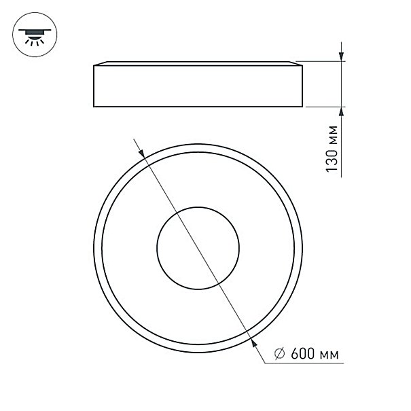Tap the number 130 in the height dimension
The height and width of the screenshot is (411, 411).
pos(332,161)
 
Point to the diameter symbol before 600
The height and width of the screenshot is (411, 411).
pos(279,354)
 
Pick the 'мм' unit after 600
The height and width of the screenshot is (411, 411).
pos(329,355)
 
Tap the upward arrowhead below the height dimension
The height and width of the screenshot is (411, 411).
pos(341,111)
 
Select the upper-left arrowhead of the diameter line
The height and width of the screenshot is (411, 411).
pos(142,154)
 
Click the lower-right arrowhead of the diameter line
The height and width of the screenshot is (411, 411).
pos(253,342)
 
